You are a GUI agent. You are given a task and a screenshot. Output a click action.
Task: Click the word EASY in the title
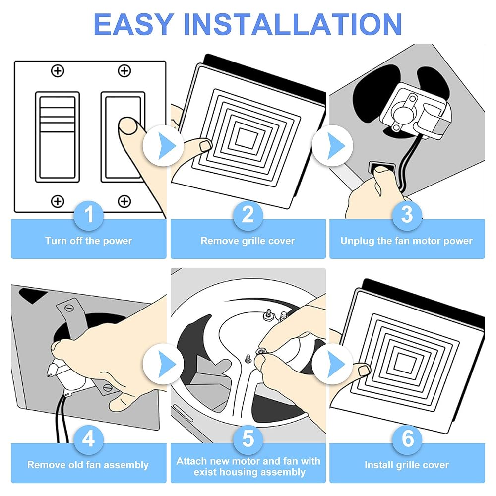[x=133, y=24]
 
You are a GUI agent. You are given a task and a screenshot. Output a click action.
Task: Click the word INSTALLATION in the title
[x=293, y=24]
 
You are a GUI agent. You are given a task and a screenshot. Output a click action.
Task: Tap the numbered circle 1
[x=89, y=215]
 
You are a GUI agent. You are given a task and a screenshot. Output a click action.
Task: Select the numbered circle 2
[x=248, y=215]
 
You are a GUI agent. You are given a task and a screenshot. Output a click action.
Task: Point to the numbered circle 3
[x=407, y=215]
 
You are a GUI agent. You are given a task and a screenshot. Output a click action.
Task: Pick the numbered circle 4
[x=89, y=439]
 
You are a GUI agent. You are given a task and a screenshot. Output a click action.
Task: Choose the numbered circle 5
[x=248, y=439]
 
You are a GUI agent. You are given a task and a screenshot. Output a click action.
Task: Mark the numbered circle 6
[x=407, y=439]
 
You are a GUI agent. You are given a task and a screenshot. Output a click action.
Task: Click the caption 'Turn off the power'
[x=89, y=241]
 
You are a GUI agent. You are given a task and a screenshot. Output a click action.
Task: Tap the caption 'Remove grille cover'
[x=248, y=241]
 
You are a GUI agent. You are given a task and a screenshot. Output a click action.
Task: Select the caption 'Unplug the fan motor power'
[x=407, y=241]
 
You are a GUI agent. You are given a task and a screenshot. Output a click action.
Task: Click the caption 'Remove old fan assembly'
[x=88, y=465]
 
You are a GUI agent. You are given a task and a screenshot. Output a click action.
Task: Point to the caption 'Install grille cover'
[x=407, y=465]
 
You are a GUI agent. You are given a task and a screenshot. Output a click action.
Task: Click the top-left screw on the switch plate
[x=58, y=71]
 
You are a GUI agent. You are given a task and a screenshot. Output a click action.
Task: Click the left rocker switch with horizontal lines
[x=57, y=137]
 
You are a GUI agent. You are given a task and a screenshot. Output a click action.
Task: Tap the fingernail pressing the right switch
[x=128, y=126]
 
